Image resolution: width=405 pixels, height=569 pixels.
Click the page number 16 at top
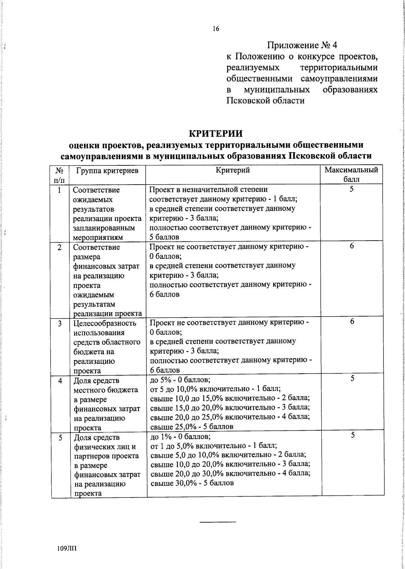(216, 29)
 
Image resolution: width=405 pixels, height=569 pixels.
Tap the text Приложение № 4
(302, 45)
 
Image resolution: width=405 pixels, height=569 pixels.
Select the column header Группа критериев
(107, 171)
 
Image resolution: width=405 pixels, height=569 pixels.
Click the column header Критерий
(233, 170)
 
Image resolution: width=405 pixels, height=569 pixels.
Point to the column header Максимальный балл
(351, 174)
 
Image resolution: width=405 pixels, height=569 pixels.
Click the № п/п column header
(59, 174)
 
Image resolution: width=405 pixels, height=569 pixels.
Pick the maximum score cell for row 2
(352, 246)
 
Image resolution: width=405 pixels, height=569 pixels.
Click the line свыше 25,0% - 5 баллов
(192, 427)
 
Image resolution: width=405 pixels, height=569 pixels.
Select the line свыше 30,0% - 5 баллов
(192, 483)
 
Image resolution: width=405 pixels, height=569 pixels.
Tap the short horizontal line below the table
(218, 522)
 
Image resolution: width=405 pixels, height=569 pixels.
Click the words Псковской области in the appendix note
(265, 101)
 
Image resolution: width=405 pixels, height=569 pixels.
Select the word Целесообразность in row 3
(105, 323)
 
